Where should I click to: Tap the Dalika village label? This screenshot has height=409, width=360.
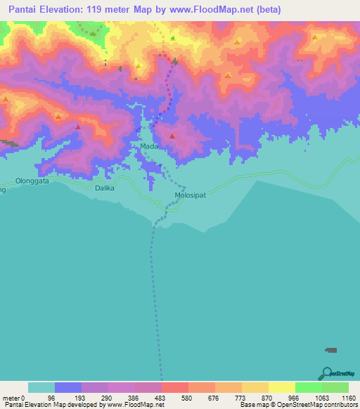pos(104,188)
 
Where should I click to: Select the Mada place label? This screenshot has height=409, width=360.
pos(148,146)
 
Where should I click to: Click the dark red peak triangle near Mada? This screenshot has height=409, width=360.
pos(172,136)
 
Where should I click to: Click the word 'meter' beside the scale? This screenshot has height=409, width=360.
pos(11,398)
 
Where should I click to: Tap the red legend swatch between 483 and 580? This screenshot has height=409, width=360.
pos(174,387)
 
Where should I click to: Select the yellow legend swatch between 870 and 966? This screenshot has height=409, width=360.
pos(281,387)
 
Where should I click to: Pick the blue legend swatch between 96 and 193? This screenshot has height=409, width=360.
pos(67,387)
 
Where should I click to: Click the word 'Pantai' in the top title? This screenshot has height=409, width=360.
pos(20,9)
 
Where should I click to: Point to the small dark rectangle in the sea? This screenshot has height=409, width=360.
pos(330,350)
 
